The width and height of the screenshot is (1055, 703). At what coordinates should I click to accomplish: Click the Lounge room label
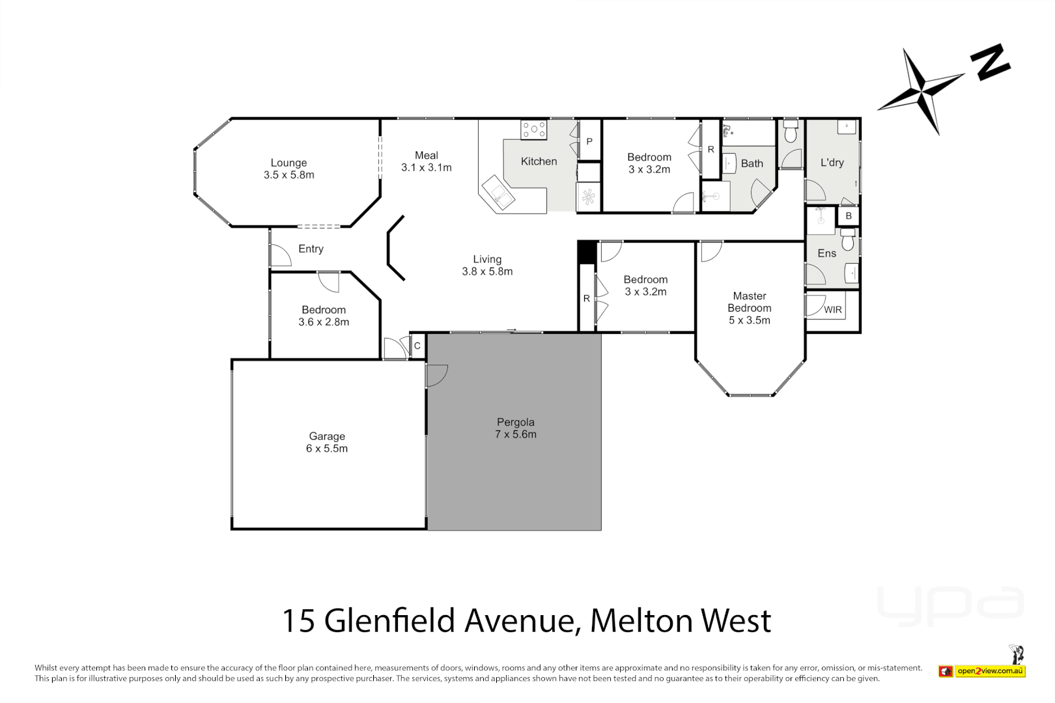pyautogui.click(x=288, y=163)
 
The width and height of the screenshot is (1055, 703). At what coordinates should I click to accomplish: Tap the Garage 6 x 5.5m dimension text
pyautogui.click(x=327, y=448)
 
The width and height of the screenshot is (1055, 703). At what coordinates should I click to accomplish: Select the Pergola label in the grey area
pyautogui.click(x=515, y=422)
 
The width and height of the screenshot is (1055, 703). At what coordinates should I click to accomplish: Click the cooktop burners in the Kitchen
pyautogui.click(x=533, y=130)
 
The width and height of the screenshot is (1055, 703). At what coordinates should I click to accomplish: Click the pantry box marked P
pyautogui.click(x=589, y=141)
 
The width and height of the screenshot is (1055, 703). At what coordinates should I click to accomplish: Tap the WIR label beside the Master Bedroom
pyautogui.click(x=833, y=310)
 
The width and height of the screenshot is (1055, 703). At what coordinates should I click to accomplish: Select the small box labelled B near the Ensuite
pyautogui.click(x=848, y=215)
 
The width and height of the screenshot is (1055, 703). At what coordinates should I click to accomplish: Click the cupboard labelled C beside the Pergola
pyautogui.click(x=417, y=346)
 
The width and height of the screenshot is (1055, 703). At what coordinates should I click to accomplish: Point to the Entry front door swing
pyautogui.click(x=280, y=255)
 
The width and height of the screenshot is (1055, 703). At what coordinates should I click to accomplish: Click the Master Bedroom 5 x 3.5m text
pyautogui.click(x=749, y=320)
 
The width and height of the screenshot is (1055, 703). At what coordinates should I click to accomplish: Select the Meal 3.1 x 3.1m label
pyautogui.click(x=426, y=161)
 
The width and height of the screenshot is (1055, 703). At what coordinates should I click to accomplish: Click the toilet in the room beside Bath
pyautogui.click(x=791, y=132)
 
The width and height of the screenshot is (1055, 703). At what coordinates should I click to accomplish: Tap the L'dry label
pyautogui.click(x=832, y=163)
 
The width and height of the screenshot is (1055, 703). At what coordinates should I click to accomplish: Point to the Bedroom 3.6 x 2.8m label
pyautogui.click(x=324, y=316)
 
